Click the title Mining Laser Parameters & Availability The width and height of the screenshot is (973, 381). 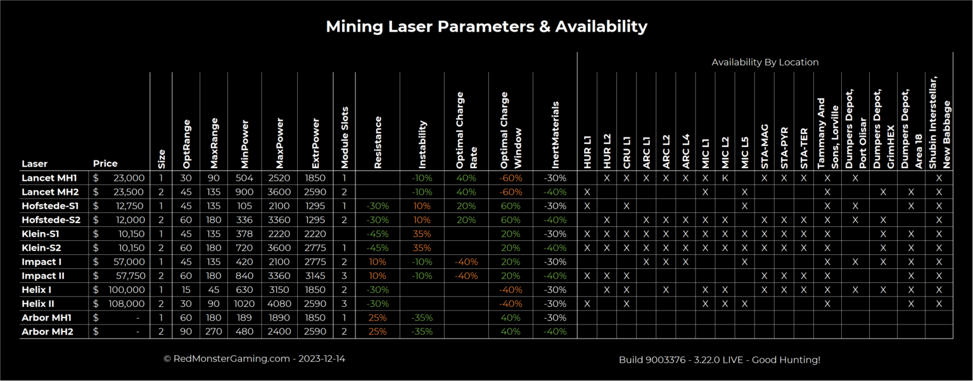[486, 27]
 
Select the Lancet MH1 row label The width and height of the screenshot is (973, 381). [49, 178]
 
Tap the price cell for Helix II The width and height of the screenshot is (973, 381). [119, 304]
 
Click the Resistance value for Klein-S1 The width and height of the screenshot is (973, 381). [378, 234]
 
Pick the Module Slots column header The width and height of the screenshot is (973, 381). [345, 135]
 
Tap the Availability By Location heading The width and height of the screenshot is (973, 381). [765, 62]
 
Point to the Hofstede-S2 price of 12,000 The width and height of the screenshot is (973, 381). [119, 220]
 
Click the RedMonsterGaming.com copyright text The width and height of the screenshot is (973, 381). [254, 359]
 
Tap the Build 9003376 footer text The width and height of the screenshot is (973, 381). [719, 359]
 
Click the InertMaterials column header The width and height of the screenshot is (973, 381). [555, 134]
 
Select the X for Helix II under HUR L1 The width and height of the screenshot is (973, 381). [587, 304]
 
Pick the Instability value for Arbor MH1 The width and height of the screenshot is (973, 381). [422, 318]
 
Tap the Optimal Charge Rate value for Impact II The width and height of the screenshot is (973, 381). [466, 276]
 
